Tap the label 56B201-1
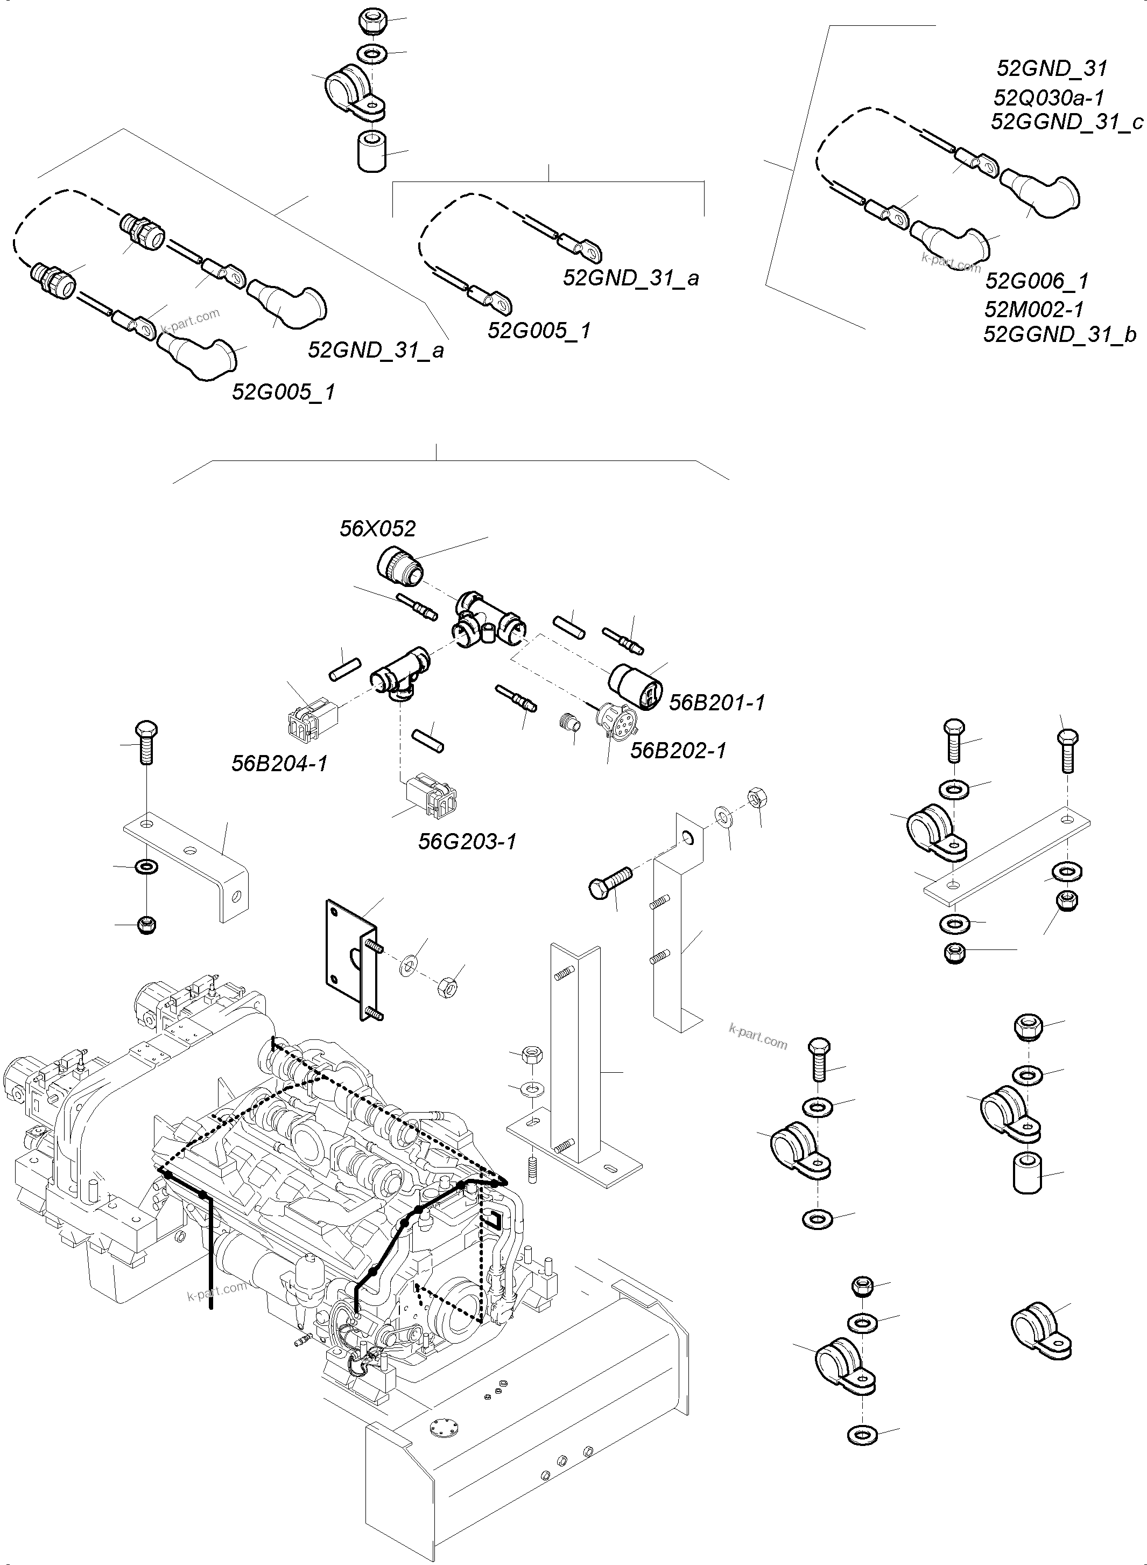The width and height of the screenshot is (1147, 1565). (x=716, y=702)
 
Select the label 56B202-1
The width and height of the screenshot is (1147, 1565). (x=678, y=751)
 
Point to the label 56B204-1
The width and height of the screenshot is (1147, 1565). (x=279, y=764)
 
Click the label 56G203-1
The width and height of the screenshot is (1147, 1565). (x=467, y=842)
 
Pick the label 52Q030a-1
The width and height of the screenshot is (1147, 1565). (x=1049, y=97)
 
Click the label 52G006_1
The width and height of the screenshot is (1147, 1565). (x=1037, y=281)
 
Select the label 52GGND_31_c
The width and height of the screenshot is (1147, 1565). (x=1066, y=122)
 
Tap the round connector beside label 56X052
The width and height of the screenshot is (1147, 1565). (x=398, y=562)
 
